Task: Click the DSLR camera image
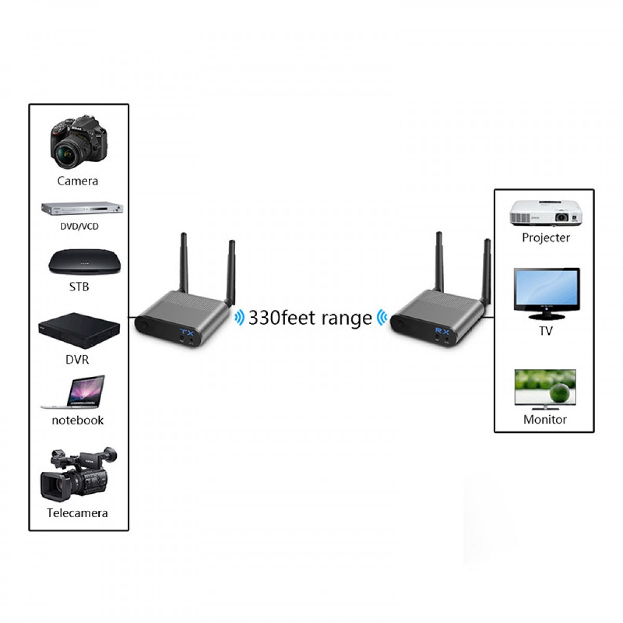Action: [x=79, y=142]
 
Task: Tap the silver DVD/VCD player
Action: [x=83, y=209]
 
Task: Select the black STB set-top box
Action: [x=85, y=263]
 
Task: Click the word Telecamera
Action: [x=77, y=513]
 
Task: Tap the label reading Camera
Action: [x=78, y=181]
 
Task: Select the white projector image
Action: [x=545, y=212]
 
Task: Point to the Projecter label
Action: [x=546, y=238]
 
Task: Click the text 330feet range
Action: [x=310, y=318]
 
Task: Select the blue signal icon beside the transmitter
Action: [x=239, y=317]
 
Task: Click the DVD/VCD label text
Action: [x=79, y=226]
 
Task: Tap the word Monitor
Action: [x=545, y=419]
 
